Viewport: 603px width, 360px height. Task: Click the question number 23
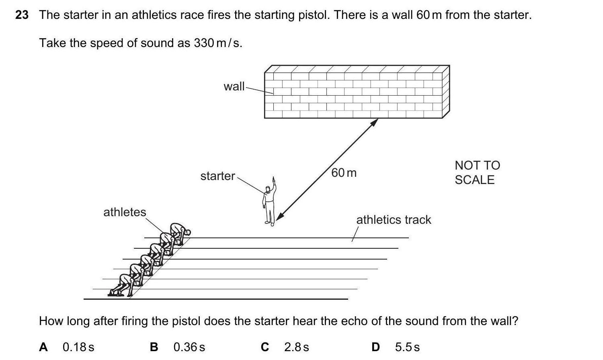click(x=22, y=15)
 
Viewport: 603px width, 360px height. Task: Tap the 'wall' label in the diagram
click(x=234, y=86)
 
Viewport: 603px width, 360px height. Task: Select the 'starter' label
click(x=217, y=176)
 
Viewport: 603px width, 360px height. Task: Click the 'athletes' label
click(x=125, y=212)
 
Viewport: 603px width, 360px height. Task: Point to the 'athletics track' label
click(x=394, y=220)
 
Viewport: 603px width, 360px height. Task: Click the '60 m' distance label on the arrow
click(x=344, y=173)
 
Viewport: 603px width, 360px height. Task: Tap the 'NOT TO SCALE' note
click(x=477, y=172)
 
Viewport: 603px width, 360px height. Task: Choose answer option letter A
click(x=43, y=347)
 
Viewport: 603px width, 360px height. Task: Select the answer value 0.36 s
click(x=189, y=347)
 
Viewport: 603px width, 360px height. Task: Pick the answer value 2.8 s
click(x=297, y=347)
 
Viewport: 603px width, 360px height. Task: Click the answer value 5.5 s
click(x=407, y=347)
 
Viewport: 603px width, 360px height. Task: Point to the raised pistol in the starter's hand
click(x=274, y=179)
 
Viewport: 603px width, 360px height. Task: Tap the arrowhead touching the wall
click(x=374, y=122)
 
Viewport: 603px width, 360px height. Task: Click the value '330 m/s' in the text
click(x=217, y=43)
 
